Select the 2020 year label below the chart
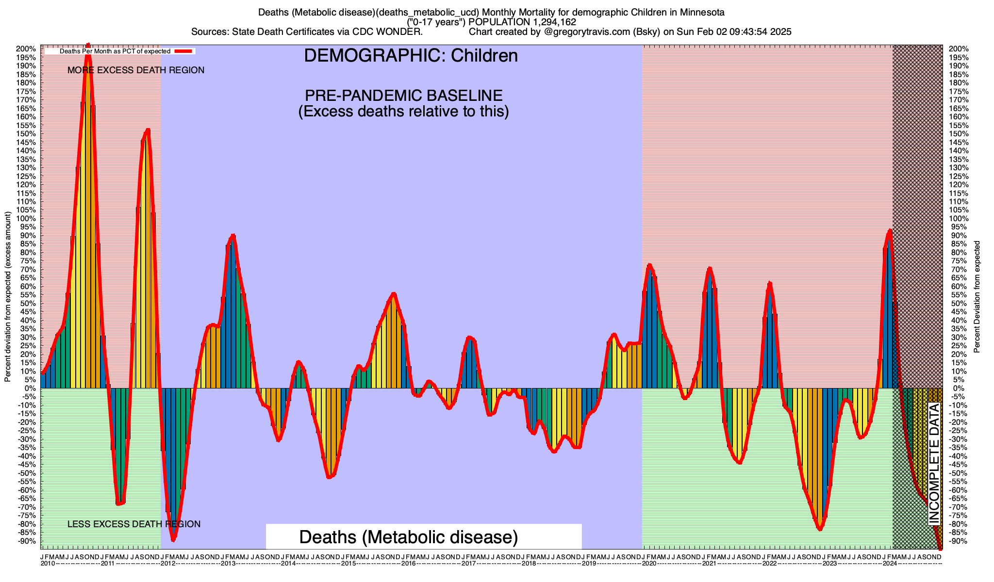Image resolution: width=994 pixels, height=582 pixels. coord(649,564)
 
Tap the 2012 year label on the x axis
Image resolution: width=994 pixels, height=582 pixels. coord(168,564)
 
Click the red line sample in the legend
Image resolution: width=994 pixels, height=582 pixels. coord(184,51)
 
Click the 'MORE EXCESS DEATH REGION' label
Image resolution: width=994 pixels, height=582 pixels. coord(136,70)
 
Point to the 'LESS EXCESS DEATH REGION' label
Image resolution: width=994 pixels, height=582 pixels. coord(134,524)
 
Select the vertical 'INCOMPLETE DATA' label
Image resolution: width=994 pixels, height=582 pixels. coord(934,464)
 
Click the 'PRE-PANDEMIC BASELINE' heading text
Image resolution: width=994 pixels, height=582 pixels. coord(403,95)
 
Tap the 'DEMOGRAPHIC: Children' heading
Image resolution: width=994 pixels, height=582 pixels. coord(411,56)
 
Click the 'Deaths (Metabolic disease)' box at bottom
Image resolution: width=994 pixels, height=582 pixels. coord(409,537)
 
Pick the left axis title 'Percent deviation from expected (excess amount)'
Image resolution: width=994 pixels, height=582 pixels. coord(8,297)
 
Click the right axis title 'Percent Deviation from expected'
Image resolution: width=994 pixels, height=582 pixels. coord(977,297)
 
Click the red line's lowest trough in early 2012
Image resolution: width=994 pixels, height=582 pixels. coord(173,539)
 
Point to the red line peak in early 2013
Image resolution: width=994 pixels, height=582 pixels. coord(233,236)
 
